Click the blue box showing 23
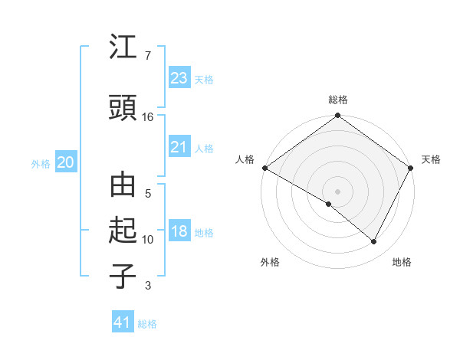pos(179,77)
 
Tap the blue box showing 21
pos(179,147)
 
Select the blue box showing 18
pos(179,232)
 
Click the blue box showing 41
pos(123,322)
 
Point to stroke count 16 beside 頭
pos(148,116)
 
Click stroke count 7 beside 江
pos(147,56)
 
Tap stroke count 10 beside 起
pos(148,240)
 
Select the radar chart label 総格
pos(338,100)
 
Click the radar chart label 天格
pos(431,159)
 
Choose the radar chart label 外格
pos(270,262)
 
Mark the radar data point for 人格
pos(264,168)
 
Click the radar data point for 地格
pos(374,241)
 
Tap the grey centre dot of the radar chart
pos(338,191)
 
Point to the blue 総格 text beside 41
pos(147,324)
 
